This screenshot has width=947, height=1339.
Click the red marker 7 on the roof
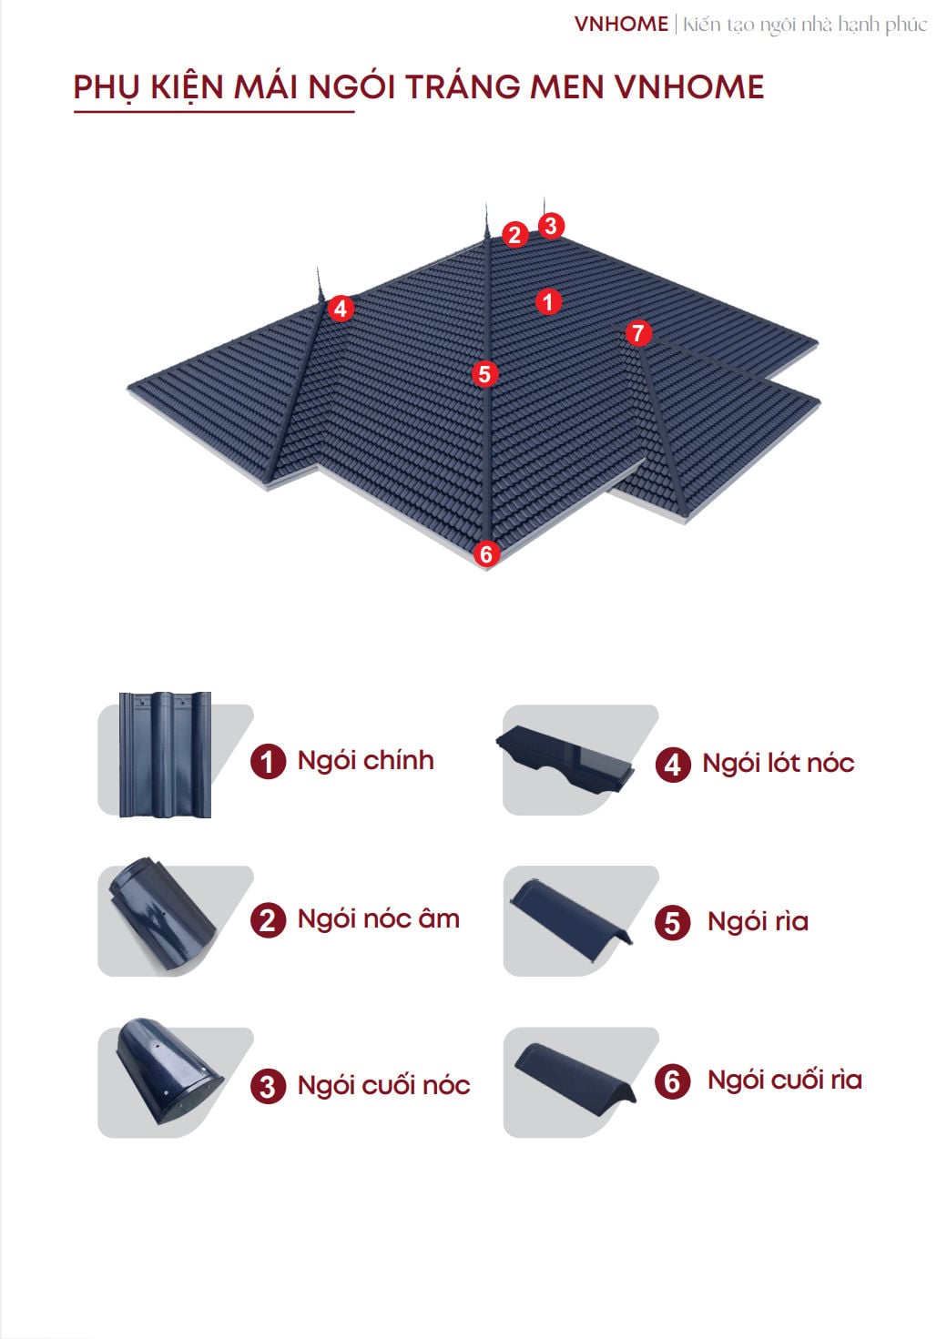point(638,333)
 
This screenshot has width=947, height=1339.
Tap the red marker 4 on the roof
point(341,309)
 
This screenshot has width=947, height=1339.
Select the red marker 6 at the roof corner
point(486,553)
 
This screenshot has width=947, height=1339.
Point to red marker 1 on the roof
point(548,302)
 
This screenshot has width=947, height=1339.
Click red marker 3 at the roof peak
point(551,226)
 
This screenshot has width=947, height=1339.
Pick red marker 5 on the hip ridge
point(484,374)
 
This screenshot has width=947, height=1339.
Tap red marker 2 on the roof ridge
point(514,234)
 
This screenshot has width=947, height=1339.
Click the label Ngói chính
point(366,762)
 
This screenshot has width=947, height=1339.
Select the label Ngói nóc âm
point(379,919)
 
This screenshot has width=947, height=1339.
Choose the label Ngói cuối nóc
point(384,1086)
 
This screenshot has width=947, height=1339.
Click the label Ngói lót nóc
point(779,764)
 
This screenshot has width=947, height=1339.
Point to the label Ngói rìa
point(759,921)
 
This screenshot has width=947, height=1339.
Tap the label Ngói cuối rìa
point(785,1080)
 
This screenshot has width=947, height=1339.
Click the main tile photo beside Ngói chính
point(165,755)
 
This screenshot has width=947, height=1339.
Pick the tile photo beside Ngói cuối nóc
point(168,1071)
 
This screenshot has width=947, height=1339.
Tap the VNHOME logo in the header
point(621,24)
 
